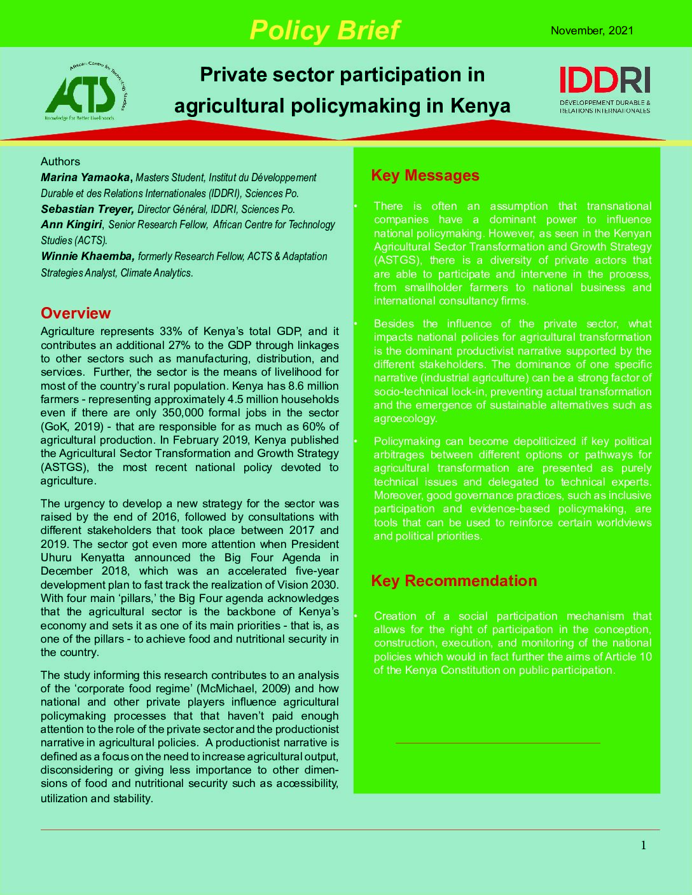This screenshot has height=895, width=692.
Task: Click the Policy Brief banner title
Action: click(x=324, y=30)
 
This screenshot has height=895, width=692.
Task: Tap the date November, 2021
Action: click(x=592, y=31)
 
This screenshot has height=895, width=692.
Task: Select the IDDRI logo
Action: click(x=605, y=90)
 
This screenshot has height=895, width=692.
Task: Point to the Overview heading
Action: click(x=76, y=313)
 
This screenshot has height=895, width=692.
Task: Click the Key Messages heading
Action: click(x=425, y=175)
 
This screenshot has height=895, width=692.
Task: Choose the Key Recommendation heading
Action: click(x=453, y=580)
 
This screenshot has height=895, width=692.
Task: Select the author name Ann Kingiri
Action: click(x=71, y=224)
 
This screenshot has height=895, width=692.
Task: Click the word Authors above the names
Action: click(x=60, y=161)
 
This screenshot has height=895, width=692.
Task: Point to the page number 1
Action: click(x=643, y=845)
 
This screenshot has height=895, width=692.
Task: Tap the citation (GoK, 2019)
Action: click(x=72, y=427)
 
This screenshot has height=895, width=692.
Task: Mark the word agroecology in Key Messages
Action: click(x=405, y=418)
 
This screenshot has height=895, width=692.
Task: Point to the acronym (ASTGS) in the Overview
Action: click(x=60, y=467)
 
